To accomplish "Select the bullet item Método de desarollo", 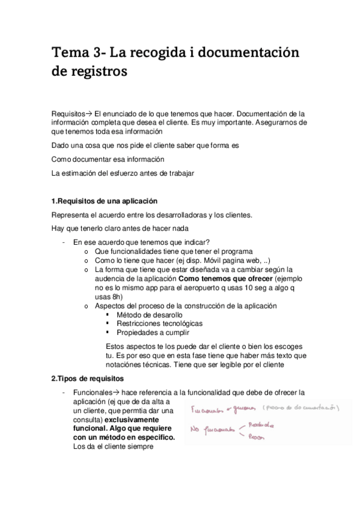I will (150, 315).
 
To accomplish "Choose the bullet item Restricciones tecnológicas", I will (159, 323).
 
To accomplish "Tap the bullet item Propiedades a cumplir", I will (153, 332).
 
